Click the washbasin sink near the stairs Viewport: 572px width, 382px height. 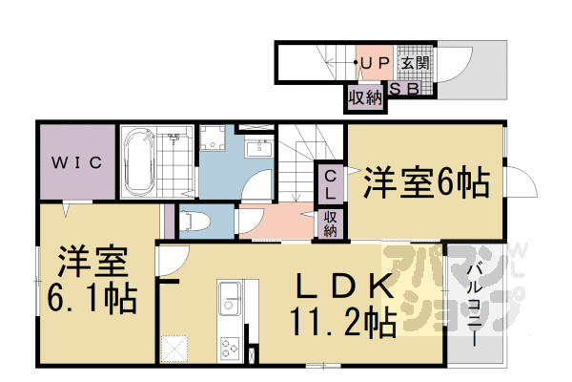tap(258, 148)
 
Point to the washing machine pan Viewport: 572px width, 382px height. tap(214, 138)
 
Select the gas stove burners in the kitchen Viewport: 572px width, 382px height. tap(231, 347)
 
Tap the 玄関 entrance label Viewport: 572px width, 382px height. tap(413, 63)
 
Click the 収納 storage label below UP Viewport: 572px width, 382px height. tap(363, 96)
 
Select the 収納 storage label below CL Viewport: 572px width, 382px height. tap(330, 223)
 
